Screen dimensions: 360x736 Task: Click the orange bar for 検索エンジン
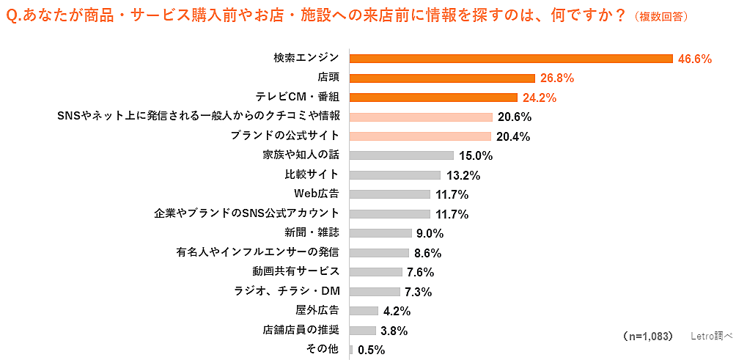click(x=511, y=59)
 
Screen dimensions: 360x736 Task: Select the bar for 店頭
click(x=442, y=78)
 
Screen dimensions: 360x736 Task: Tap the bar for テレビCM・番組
click(x=433, y=98)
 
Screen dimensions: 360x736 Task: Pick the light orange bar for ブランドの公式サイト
click(x=420, y=136)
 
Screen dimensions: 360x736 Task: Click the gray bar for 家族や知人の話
click(x=402, y=155)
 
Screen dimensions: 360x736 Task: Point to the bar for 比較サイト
click(x=395, y=175)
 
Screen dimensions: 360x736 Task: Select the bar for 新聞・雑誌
click(x=380, y=233)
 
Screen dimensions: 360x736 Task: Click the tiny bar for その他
click(x=352, y=350)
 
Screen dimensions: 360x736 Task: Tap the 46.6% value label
click(x=695, y=59)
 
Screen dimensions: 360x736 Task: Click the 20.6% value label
click(x=515, y=117)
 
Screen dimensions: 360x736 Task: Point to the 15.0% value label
click(x=476, y=156)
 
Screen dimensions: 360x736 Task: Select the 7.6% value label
click(x=420, y=273)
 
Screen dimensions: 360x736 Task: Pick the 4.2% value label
click(x=397, y=312)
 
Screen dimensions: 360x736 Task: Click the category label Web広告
click(x=316, y=194)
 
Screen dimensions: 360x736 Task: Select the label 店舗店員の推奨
click(x=301, y=330)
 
